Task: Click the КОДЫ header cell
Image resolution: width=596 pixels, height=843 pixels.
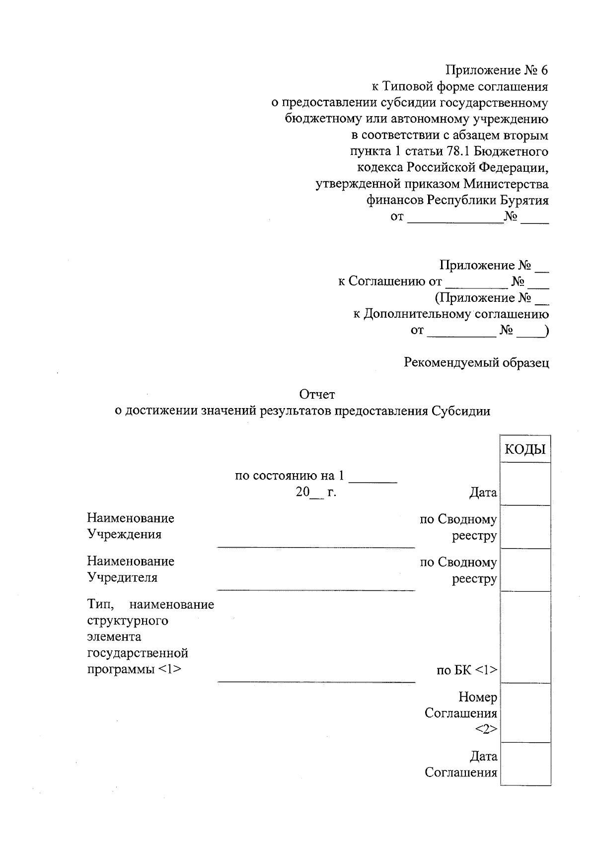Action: click(x=525, y=449)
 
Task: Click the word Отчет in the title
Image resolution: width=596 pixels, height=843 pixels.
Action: click(x=317, y=395)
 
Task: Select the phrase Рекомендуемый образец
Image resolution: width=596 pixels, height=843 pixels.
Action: click(x=476, y=363)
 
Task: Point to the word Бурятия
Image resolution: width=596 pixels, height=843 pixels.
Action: click(x=524, y=200)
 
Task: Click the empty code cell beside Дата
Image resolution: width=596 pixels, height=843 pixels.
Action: click(x=525, y=484)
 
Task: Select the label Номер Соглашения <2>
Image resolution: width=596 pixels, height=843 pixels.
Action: click(x=461, y=713)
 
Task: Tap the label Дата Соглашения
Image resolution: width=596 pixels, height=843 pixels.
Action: click(x=461, y=765)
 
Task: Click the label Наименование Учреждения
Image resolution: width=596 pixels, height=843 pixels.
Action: click(x=131, y=526)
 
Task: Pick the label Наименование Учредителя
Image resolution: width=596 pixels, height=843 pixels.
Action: click(x=131, y=569)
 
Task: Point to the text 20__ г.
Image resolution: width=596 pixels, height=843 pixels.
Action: click(x=316, y=493)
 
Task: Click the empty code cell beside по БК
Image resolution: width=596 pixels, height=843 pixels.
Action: click(x=525, y=637)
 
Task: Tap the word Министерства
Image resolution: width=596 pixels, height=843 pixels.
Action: click(x=506, y=184)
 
